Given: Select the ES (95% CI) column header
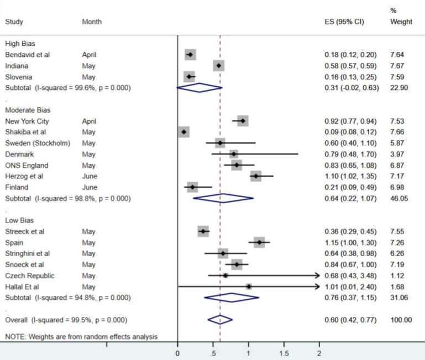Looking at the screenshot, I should coord(343,22).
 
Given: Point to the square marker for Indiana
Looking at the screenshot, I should coord(219,66).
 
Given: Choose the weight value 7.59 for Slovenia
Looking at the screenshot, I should coord(398,77).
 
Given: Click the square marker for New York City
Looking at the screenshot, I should coord(242,121).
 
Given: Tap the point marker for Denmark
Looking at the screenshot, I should coord(234,154).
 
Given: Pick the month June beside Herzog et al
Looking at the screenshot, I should coord(90,176).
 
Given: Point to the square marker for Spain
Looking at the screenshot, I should coord(259,242).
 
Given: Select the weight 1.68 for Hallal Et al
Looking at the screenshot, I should coord(398,286).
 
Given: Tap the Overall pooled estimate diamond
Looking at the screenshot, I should coord(220,320).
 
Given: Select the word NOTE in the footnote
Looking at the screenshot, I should coord(14,336).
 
